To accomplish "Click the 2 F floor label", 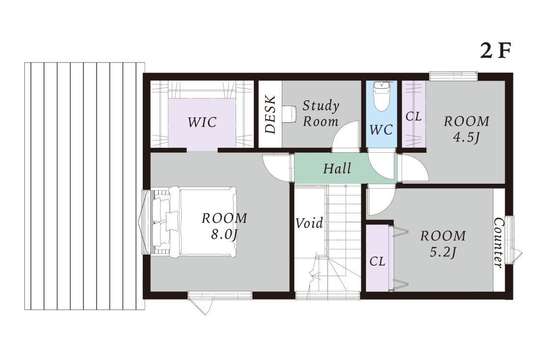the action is click(x=494, y=51).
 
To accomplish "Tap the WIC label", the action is click(x=202, y=122).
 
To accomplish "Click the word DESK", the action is click(x=270, y=114).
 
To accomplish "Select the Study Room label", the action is click(x=321, y=113).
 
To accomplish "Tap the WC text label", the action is click(x=381, y=130).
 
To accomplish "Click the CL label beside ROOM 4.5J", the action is click(x=413, y=116).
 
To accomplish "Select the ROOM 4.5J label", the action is click(x=466, y=129).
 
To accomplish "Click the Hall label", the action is click(x=337, y=168).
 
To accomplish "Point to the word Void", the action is click(x=309, y=223).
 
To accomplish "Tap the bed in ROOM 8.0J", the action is click(x=194, y=222).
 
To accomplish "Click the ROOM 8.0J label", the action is click(x=224, y=226).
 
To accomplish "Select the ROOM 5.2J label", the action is click(x=443, y=244).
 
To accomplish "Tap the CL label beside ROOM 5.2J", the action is click(x=377, y=261).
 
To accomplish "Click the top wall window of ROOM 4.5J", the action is click(x=453, y=76).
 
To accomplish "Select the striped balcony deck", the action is click(x=84, y=186).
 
